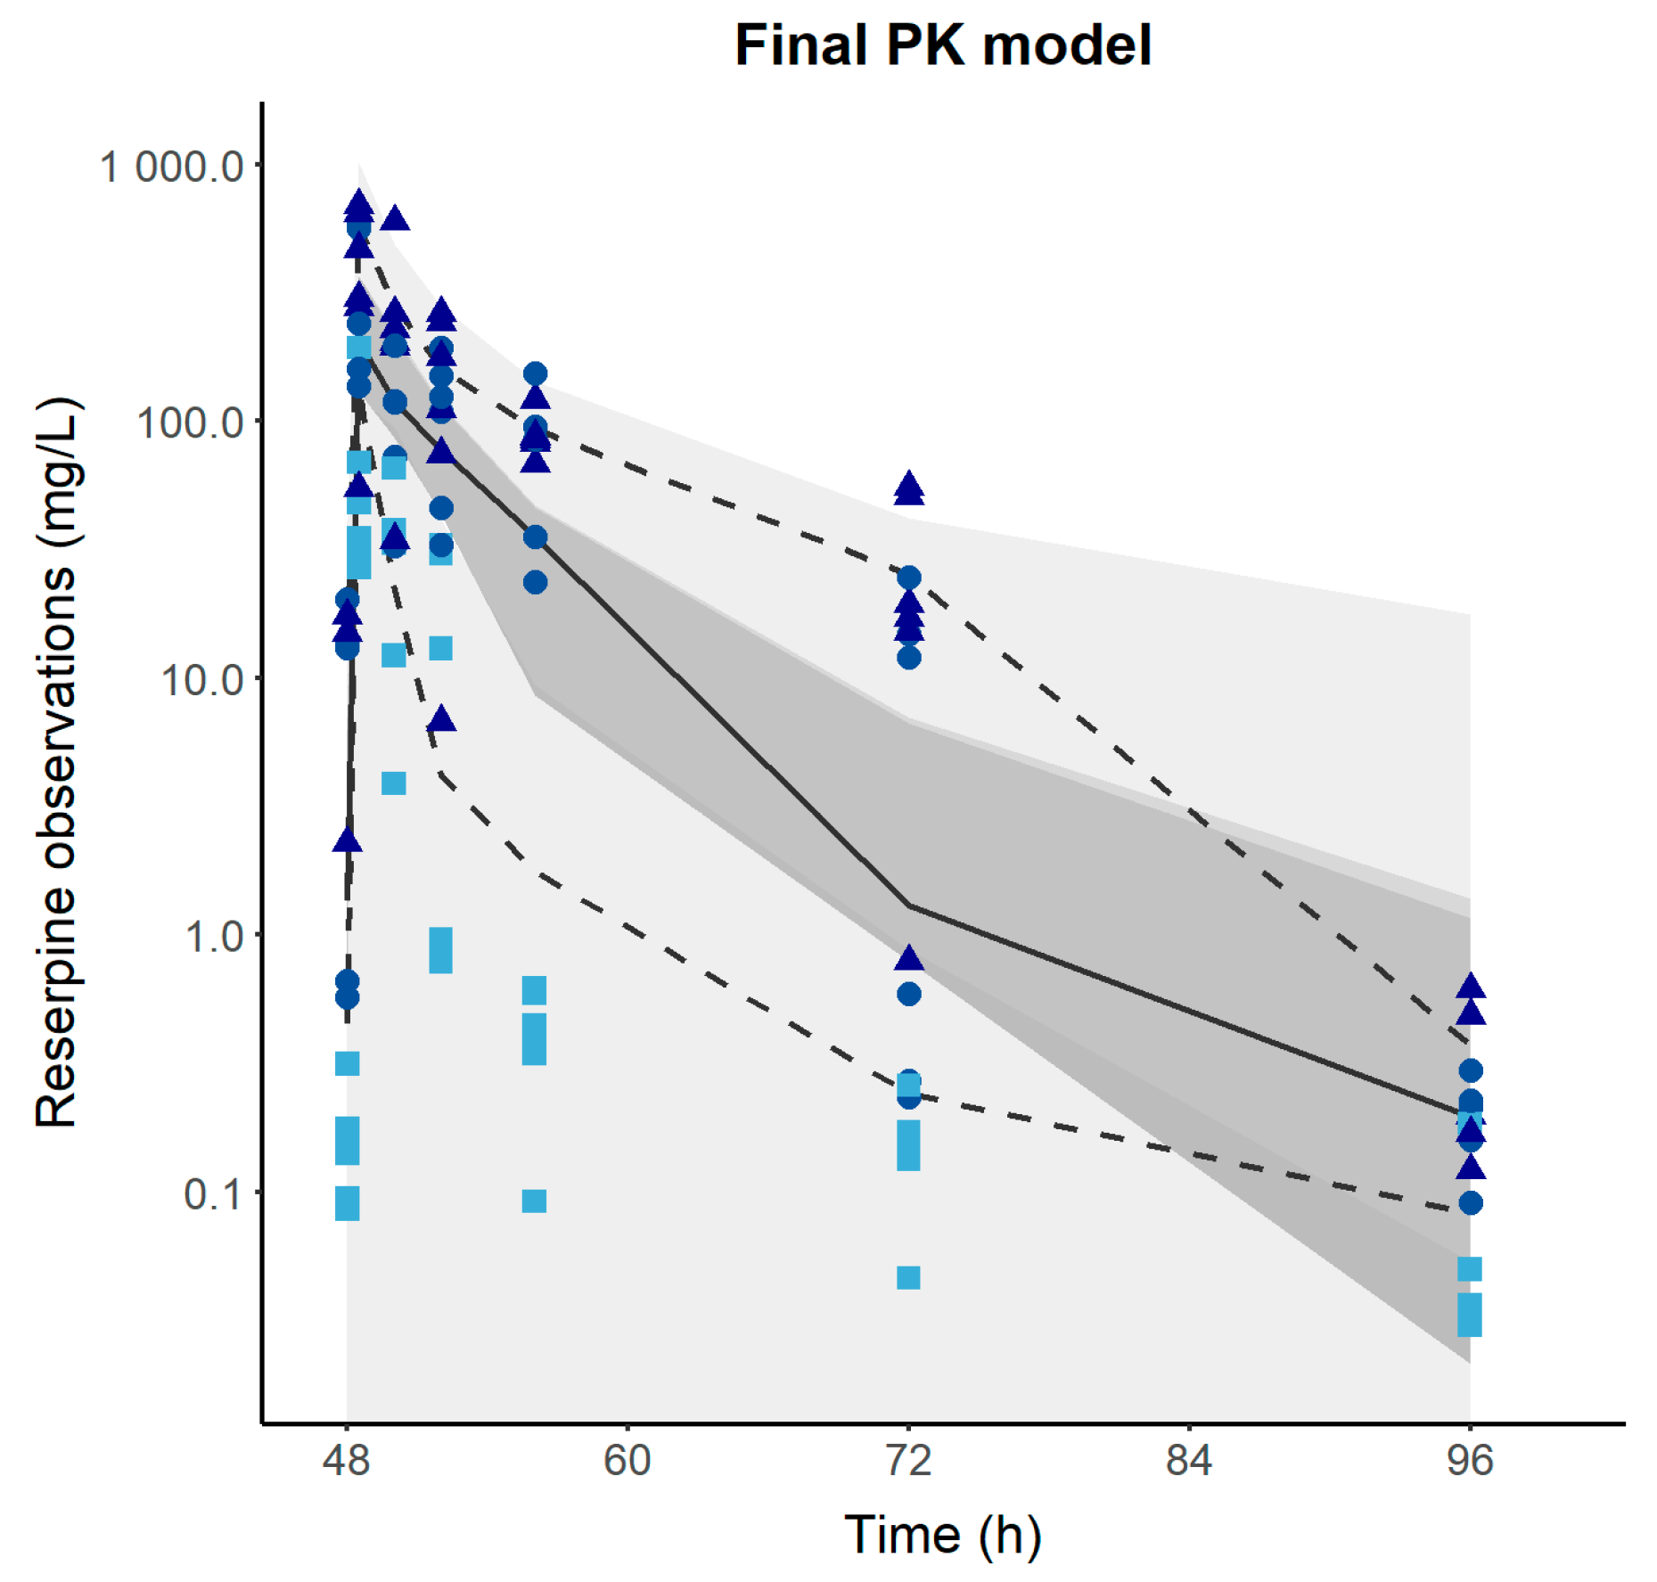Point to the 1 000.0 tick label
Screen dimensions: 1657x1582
(171, 166)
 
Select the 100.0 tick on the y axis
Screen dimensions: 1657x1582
(190, 422)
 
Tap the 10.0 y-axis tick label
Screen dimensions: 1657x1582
(202, 679)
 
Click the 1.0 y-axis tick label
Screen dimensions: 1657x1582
(214, 937)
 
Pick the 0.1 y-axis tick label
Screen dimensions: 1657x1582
(214, 1193)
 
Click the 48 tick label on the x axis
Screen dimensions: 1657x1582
(347, 1460)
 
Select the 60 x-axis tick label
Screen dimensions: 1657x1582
(628, 1460)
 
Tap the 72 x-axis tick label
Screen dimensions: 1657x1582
(908, 1460)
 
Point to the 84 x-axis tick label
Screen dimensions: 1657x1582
(1189, 1460)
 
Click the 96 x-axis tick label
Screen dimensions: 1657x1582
(1470, 1460)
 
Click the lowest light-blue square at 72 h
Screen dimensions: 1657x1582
(908, 1277)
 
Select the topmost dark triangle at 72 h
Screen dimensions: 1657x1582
(908, 485)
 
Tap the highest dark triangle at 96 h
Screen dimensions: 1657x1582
(1471, 986)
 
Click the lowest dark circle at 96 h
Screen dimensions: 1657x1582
(1471, 1202)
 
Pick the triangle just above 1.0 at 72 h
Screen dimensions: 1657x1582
(908, 958)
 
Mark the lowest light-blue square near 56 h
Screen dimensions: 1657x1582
(534, 1201)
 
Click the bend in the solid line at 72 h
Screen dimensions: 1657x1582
(908, 906)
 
